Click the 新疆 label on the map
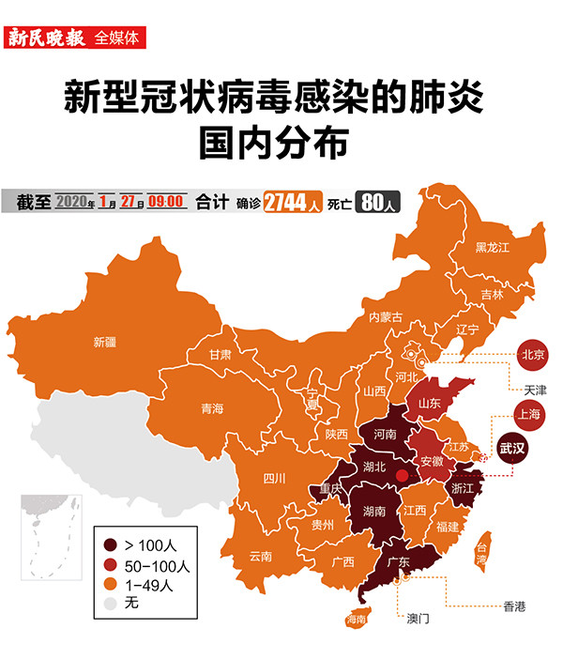(x=105, y=343)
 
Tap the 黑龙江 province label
(x=492, y=248)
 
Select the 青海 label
(x=212, y=409)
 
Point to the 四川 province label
(x=274, y=478)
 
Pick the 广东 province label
(x=399, y=563)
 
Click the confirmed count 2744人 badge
(x=293, y=202)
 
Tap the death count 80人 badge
(x=379, y=202)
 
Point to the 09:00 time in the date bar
(x=165, y=202)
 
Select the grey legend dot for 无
(x=111, y=605)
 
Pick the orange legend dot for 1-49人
(x=111, y=585)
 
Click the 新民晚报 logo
(x=47, y=38)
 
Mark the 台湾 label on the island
(x=481, y=552)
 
